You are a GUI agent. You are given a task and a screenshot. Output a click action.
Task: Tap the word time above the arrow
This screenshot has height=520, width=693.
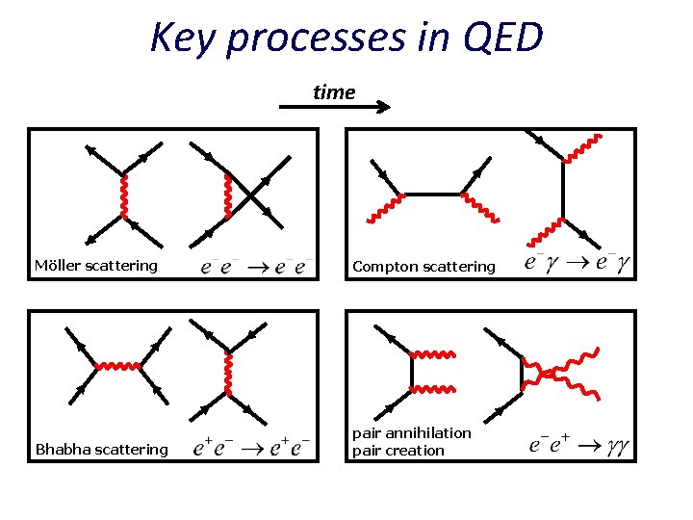point(334,92)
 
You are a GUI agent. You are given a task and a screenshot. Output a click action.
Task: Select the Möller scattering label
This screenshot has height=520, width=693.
point(96,266)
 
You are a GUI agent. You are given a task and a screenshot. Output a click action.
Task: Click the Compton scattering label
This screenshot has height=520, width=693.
point(423,266)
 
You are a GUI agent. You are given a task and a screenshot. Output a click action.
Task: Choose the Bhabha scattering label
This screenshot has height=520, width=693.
point(101,449)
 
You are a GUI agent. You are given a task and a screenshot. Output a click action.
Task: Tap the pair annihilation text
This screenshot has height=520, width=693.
point(412,433)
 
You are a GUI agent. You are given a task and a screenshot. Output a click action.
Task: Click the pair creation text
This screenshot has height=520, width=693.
point(398,450)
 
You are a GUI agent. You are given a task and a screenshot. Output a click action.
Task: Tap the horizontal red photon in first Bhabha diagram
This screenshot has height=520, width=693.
point(120,366)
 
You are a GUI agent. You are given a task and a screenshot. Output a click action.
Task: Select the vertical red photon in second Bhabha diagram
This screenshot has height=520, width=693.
point(229,374)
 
